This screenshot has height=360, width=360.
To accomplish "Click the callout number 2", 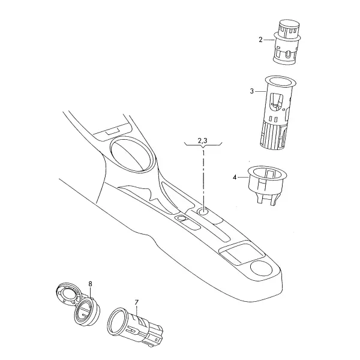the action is [260, 40].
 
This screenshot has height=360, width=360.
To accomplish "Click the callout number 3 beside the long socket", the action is [252, 91].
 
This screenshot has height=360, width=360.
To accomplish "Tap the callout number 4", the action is [235, 177].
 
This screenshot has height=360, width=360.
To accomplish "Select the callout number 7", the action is [137, 302].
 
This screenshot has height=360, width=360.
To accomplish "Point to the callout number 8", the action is [90, 284].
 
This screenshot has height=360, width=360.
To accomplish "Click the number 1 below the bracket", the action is [203, 152].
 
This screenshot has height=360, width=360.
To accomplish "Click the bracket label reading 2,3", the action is [202, 140].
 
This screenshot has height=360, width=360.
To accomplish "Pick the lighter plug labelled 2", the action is [287, 43].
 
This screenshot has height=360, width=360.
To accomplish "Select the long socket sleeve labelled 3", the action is [278, 113].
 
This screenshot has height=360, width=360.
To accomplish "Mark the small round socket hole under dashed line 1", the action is [203, 212].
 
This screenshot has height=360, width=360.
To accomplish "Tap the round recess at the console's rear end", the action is [261, 268].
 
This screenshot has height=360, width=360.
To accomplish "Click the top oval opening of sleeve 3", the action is [280, 82].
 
